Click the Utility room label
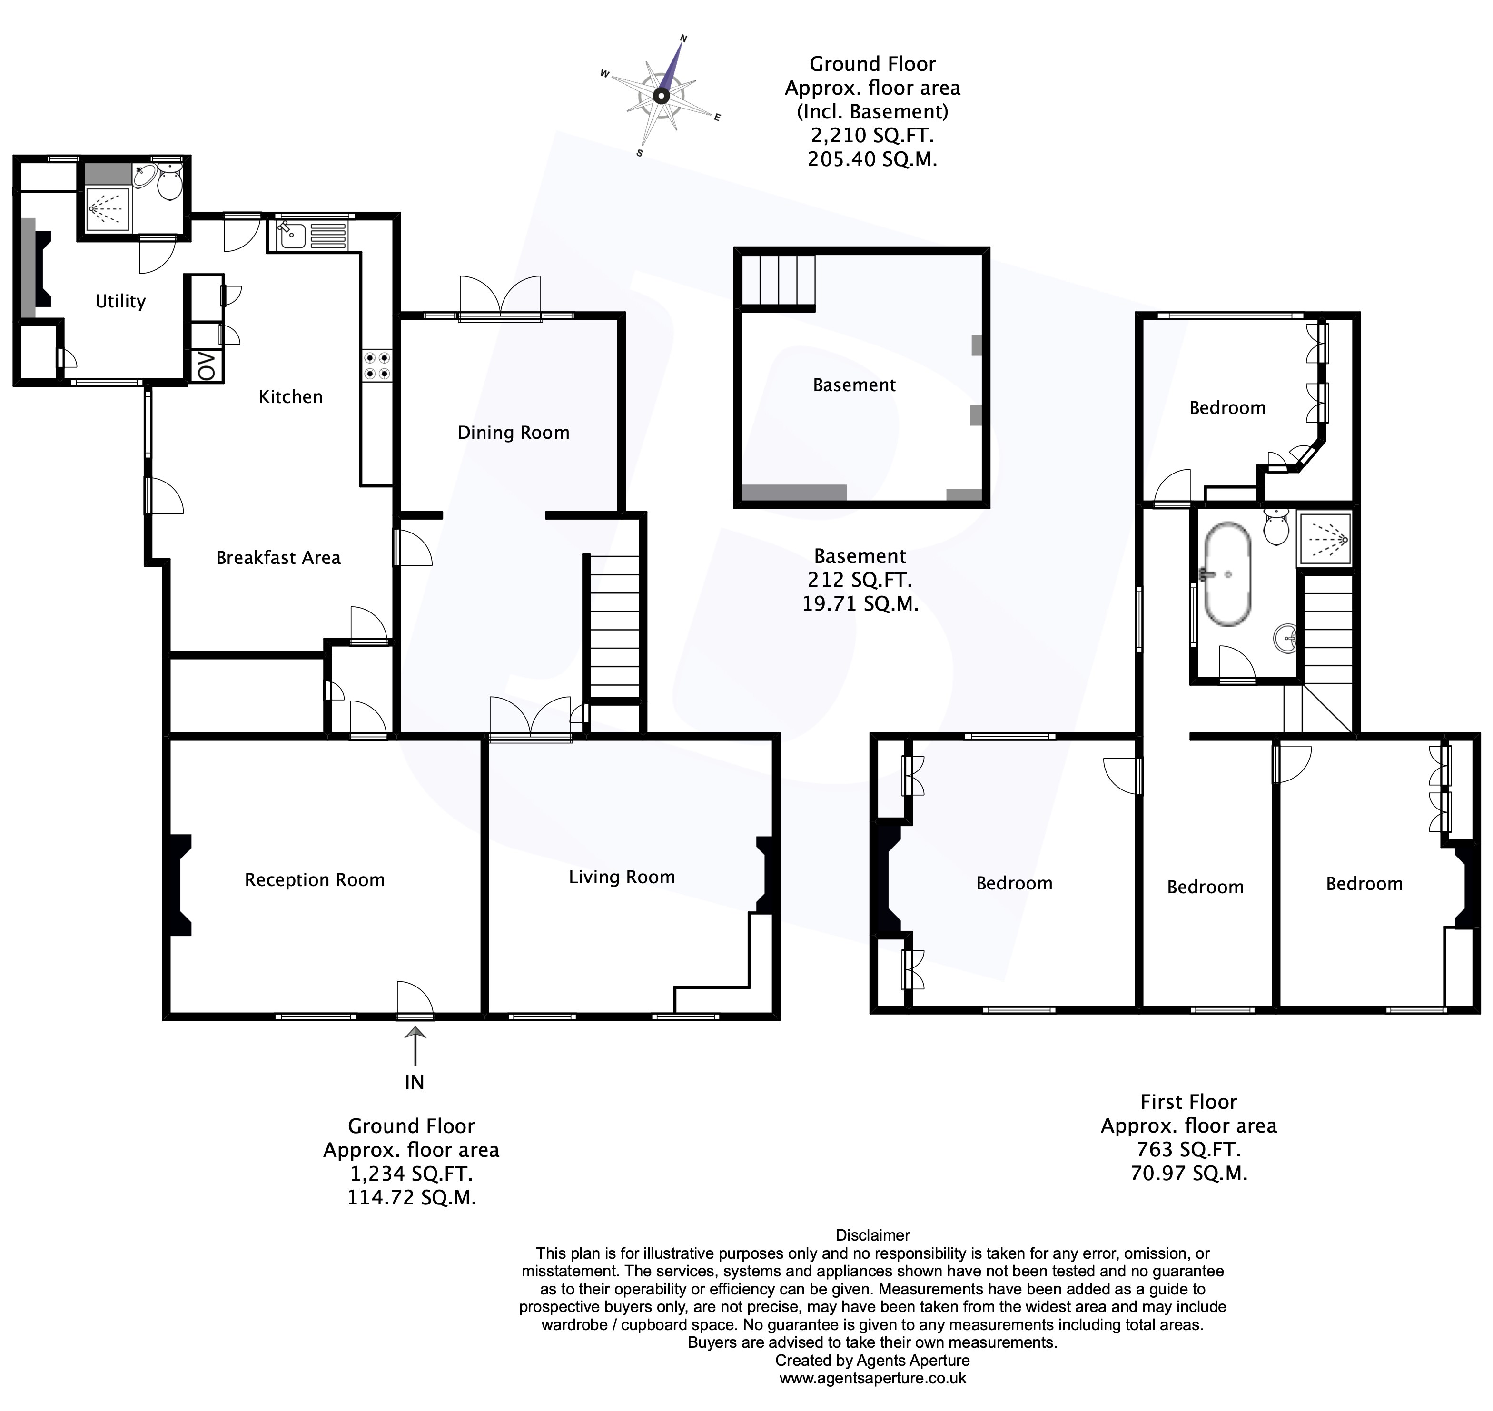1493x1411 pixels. click(120, 302)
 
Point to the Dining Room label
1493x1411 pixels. click(513, 433)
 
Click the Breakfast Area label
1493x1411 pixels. click(278, 557)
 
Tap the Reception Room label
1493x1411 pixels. click(315, 880)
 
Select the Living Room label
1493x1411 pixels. click(621, 877)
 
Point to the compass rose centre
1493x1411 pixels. click(661, 96)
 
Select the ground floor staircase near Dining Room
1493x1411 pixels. click(614, 626)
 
